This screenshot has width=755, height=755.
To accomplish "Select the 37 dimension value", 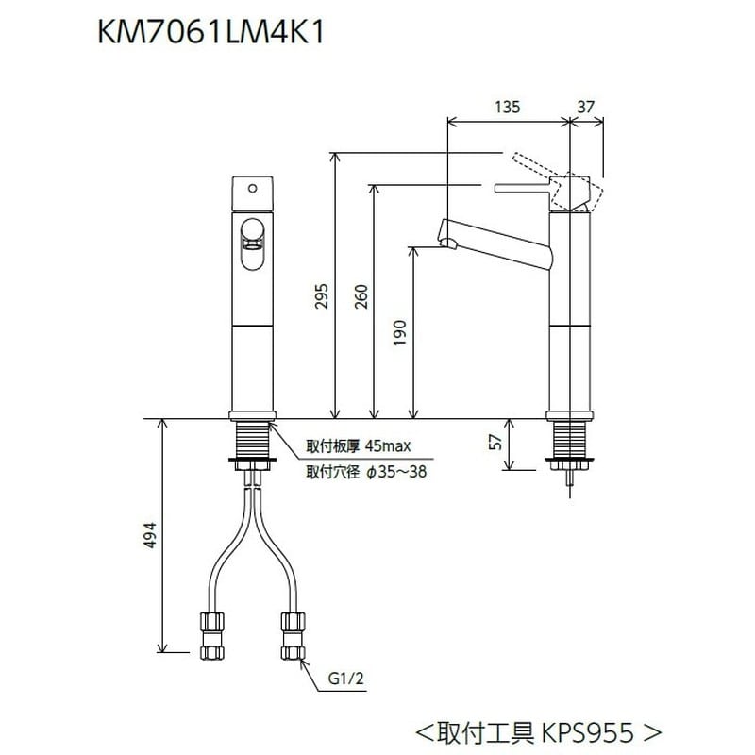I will [586, 108].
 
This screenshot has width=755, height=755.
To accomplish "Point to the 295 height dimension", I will [322, 298].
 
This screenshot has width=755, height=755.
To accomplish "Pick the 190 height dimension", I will [400, 331].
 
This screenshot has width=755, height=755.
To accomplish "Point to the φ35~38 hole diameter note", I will [395, 472].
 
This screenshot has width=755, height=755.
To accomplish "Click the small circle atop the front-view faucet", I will [252, 189].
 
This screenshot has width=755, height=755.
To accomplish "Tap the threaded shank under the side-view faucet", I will [571, 439].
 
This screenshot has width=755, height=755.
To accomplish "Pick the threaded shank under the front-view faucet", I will [252, 439].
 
